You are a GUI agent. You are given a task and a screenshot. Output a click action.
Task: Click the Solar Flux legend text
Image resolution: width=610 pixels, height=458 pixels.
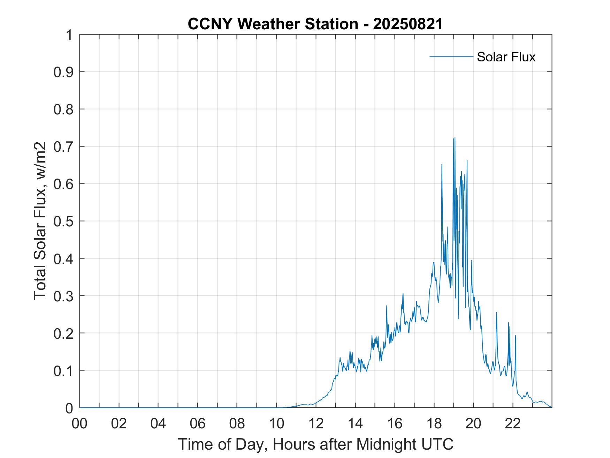506,57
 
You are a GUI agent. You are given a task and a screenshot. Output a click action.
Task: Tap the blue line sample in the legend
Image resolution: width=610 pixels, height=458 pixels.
451,56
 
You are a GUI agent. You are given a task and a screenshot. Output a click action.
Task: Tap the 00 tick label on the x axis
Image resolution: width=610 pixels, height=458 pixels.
80,424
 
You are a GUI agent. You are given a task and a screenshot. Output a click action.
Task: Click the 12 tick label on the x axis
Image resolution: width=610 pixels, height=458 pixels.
316,424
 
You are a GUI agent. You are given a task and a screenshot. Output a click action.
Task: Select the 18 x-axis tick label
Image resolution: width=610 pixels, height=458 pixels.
434,424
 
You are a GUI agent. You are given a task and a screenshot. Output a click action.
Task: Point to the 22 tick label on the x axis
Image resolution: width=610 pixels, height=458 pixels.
513,424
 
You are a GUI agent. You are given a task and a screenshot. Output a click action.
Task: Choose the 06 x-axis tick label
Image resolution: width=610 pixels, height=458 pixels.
198,424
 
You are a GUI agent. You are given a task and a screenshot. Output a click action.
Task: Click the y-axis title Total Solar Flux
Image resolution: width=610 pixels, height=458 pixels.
40,221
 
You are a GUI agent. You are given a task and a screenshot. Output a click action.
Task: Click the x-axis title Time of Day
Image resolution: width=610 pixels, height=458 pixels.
316,444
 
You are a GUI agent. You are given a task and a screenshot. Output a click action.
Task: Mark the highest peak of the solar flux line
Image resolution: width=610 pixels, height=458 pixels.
455,138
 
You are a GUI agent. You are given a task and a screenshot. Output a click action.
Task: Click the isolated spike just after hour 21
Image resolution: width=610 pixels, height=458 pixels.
496,313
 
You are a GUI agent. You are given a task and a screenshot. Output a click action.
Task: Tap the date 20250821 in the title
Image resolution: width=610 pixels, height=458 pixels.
407,24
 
